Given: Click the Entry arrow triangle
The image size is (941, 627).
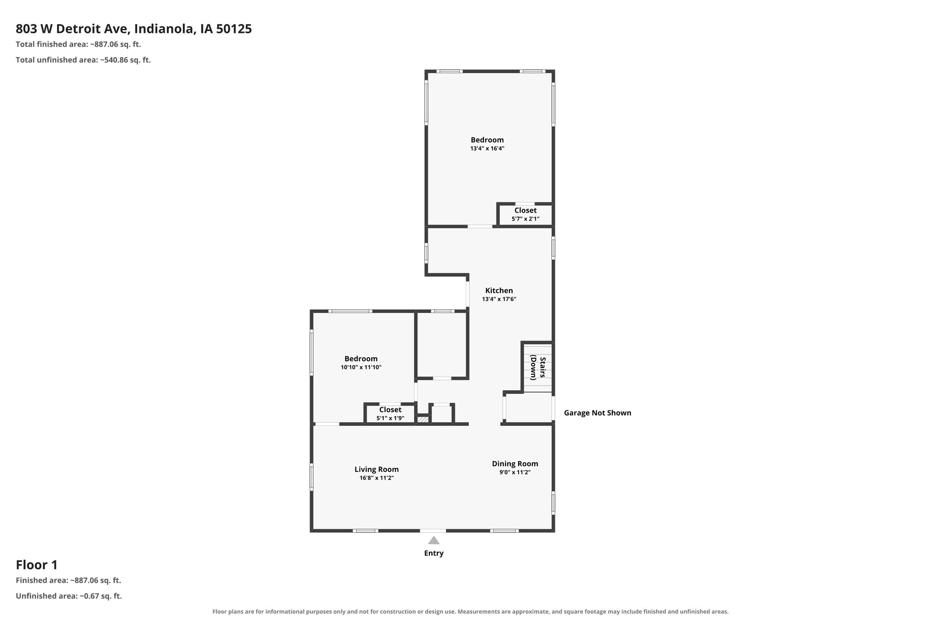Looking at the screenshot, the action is click(x=434, y=540).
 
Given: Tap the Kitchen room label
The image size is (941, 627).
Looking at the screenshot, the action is click(x=499, y=291).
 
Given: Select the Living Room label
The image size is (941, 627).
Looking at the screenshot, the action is click(x=376, y=469).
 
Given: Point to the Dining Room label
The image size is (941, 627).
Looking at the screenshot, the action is click(x=515, y=464).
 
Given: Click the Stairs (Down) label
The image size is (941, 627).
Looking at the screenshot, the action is click(x=538, y=368).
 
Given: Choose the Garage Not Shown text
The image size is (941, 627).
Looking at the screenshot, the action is click(x=597, y=413).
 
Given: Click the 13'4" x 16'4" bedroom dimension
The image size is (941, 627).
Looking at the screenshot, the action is click(x=487, y=149).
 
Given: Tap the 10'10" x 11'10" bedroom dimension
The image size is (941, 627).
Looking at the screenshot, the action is click(x=361, y=367).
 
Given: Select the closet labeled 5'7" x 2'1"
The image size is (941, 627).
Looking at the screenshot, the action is click(x=526, y=214).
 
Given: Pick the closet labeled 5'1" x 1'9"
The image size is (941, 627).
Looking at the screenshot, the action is click(x=390, y=414).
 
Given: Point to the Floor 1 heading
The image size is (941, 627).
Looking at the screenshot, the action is click(x=37, y=565).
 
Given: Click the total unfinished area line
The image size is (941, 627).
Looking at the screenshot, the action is click(x=83, y=60).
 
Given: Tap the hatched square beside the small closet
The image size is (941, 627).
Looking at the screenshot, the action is click(x=422, y=419).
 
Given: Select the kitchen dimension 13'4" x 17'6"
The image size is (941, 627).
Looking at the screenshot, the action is click(x=499, y=299).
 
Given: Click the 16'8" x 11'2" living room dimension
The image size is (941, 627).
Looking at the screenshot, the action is click(x=376, y=478).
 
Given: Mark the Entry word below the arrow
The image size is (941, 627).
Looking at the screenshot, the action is click(x=434, y=553).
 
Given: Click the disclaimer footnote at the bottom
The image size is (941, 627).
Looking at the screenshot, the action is click(x=470, y=612).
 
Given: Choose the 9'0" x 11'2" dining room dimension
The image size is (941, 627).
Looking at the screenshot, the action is click(x=515, y=472).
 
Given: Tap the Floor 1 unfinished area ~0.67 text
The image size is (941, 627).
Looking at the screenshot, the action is click(x=69, y=596).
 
